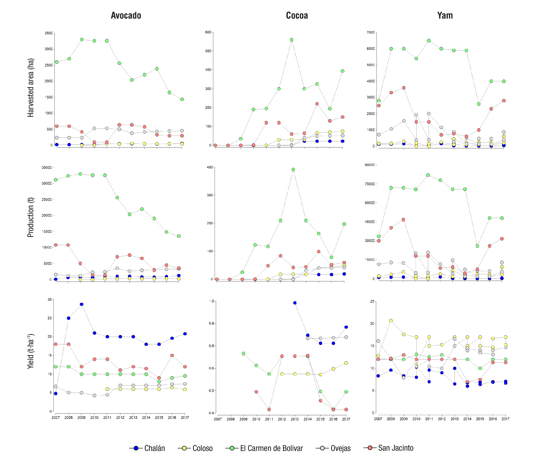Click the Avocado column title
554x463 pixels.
pos(126,15)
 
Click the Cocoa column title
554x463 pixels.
pos(297,15)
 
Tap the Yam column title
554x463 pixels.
pos(445,15)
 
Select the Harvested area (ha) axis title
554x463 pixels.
pos(31,88)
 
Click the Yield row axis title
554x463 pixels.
pos(31,351)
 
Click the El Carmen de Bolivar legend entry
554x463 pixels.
pos(264,448)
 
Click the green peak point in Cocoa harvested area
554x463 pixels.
pos(291,40)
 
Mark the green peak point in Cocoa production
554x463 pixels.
pos(293,169)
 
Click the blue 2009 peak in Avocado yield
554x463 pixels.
pos(81,304)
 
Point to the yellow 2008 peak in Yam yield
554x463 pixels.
pos(391,321)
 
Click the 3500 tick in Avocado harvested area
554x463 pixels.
pos(49,33)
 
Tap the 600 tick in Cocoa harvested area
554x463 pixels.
pos(208,32)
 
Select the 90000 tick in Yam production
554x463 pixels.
pos(370,165)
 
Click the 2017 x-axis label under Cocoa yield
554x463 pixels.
pos(346,419)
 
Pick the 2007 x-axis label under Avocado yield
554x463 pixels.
pos(55,417)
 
